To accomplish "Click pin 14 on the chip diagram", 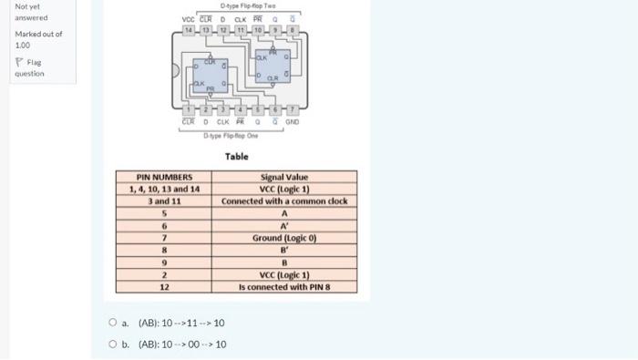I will pos(189,30).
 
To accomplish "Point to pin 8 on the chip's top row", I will pos(292,30).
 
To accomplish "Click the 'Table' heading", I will pos(236,157).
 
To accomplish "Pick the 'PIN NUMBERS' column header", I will pos(164,177).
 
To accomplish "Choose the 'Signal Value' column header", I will pos(284,177).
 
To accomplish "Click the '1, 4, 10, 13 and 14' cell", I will pos(164,189).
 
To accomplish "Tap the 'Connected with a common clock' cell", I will pos(284,201).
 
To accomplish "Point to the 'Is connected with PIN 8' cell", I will pos(284,286).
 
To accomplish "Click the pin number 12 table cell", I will pos(164,286).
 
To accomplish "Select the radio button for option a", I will pos(113,323).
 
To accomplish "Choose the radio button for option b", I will pos(113,344).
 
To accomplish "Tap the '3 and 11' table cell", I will pos(164,201).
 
